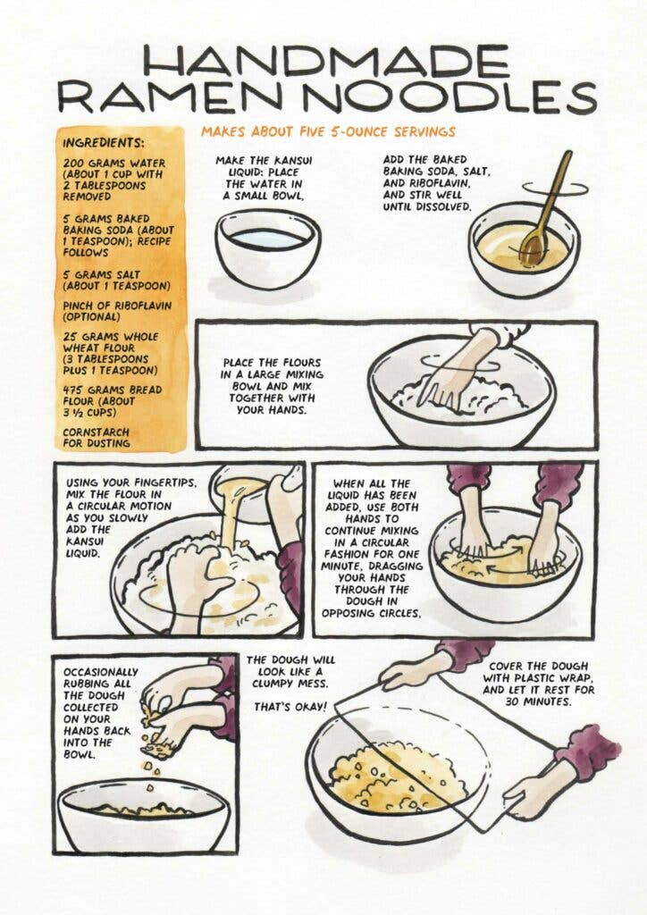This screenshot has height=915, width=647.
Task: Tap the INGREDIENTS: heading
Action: tap(104, 142)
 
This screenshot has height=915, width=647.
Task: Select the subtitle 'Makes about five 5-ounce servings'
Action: tap(327, 131)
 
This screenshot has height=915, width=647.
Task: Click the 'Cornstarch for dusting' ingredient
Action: tap(97, 434)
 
